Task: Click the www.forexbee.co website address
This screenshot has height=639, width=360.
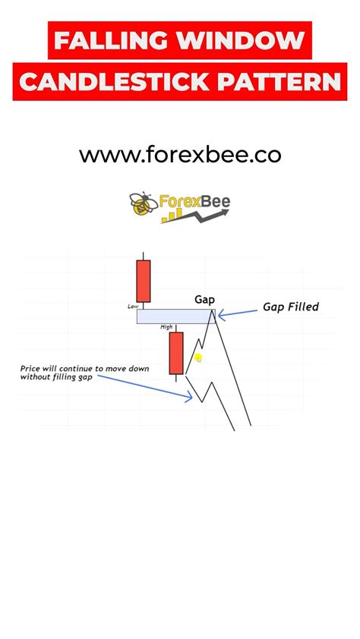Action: point(180,156)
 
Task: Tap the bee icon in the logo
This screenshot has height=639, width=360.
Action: point(144,203)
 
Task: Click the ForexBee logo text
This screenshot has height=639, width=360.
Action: point(194,201)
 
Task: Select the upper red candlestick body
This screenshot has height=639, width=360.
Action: point(143,282)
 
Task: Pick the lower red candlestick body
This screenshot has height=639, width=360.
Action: point(176,353)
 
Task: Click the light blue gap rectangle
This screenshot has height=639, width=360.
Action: point(175,316)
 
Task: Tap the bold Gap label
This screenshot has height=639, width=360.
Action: point(204,301)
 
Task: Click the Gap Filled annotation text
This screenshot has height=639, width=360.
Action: point(291,307)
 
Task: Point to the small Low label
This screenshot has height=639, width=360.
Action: point(133,307)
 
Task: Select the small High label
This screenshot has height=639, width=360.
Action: point(166,327)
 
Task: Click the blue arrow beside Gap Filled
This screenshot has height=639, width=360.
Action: point(238,313)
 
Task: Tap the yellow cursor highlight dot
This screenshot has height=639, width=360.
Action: point(198,358)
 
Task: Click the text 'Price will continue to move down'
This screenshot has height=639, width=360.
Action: point(85,369)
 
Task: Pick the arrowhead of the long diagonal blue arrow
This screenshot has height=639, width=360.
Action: point(189,395)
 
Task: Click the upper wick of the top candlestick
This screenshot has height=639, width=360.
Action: point(143,256)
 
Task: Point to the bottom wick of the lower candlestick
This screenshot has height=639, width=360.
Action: point(176,378)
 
